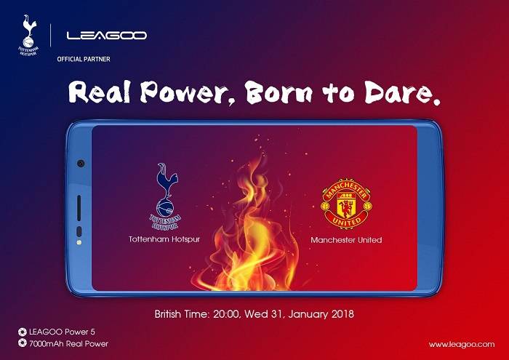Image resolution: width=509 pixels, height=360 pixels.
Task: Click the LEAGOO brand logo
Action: coord(106,35)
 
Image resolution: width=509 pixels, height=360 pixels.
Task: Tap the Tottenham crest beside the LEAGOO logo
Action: coord(29,35)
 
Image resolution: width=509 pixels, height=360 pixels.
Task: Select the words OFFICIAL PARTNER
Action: coord(84,59)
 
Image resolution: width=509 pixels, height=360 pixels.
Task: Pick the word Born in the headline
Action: coord(278,92)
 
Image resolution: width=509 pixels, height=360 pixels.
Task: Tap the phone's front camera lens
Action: coord(81,164)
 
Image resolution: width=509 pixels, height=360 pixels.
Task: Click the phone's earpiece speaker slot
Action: coord(79,208)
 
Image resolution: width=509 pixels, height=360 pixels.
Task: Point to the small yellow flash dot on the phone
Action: coord(79,242)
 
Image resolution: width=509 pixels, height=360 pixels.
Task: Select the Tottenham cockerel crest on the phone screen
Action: coord(166,196)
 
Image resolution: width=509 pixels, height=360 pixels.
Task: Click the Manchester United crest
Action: coord(346,204)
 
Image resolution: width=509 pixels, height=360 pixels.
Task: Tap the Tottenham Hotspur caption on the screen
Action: coord(164,239)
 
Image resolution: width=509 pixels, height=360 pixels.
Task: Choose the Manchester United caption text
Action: coord(346,240)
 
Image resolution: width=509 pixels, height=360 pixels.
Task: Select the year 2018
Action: coord(342,314)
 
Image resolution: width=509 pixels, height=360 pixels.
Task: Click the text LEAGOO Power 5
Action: coord(62,332)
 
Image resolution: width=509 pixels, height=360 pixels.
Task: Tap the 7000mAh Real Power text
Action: coord(68,343)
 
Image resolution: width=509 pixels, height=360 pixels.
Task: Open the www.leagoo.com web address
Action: coord(462,345)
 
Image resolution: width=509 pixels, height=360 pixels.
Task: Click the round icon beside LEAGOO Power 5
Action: coord(22,332)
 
